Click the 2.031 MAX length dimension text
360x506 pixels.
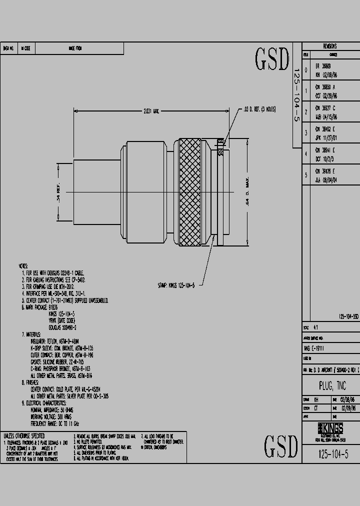click(x=149, y=111)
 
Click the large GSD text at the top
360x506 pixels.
click(x=272, y=59)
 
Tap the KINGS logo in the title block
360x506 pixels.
click(x=330, y=428)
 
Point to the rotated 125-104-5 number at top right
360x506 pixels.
click(x=296, y=95)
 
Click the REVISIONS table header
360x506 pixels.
click(x=329, y=45)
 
